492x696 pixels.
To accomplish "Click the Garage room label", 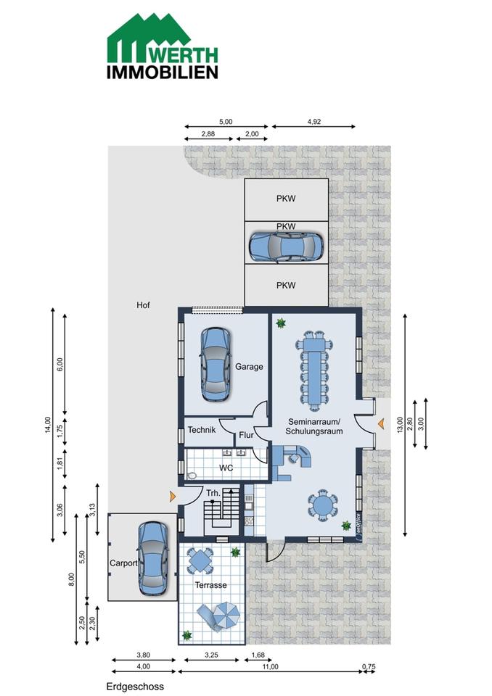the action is tap(249, 367).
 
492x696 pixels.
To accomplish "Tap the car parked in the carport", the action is tap(153, 558).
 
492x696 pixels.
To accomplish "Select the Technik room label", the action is tap(201, 430).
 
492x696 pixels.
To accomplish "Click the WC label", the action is tap(226, 468).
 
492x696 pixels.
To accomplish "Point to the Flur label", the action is tap(246, 435).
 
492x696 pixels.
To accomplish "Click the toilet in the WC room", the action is tap(192, 476).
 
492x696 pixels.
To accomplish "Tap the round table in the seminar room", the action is tap(322, 505).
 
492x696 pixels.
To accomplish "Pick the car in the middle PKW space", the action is tap(285, 246).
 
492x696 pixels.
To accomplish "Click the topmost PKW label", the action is tap(286, 199).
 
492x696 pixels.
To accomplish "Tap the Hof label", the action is tap(143, 305).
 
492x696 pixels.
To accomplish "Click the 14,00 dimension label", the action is tap(48, 425).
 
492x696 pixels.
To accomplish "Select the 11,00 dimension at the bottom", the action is tap(270, 667).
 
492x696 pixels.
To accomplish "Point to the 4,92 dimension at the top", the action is tap(313, 122).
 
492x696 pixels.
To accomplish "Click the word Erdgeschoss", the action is tap(135, 687).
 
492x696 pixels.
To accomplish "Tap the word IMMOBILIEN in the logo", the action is tap(163, 72).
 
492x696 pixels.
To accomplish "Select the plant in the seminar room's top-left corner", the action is tap(280, 323).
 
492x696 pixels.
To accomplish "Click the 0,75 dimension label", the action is tap(369, 667).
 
